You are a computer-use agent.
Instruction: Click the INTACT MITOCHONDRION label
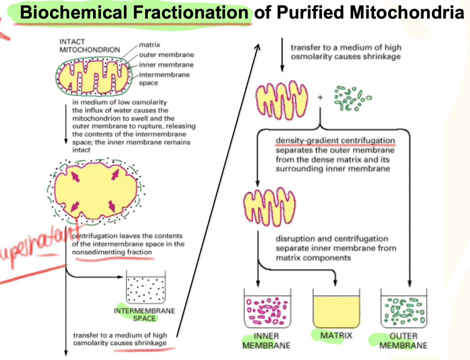pyautogui.click(x=90, y=46)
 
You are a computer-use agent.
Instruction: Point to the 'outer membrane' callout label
pyautogui.click(x=166, y=55)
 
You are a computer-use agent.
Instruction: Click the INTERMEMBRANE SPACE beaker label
pyautogui.click(x=145, y=314)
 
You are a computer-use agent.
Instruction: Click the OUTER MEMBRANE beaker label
pyautogui.click(x=403, y=340)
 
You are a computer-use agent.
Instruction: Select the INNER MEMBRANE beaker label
pyautogui.click(x=266, y=340)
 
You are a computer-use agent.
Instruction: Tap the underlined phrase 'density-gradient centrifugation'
pyautogui.click(x=335, y=141)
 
